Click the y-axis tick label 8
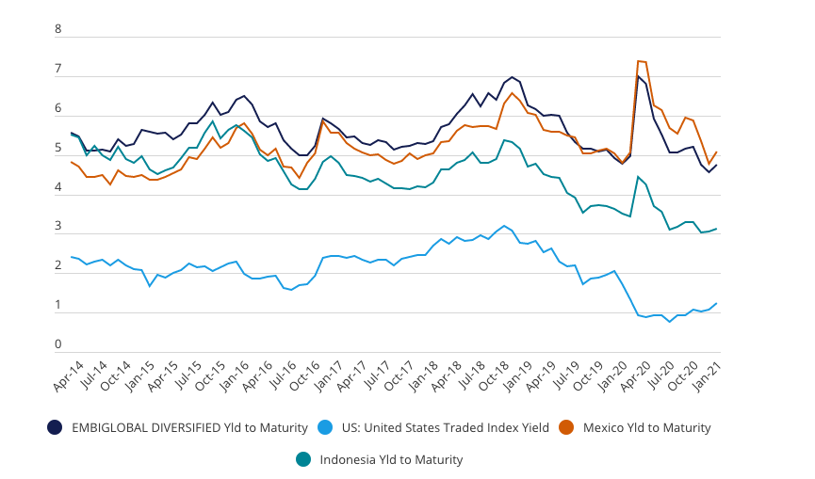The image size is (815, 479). click(58, 29)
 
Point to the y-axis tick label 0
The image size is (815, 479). click(58, 344)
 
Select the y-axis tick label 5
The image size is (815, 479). click(58, 148)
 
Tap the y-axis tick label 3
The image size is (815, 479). click(58, 227)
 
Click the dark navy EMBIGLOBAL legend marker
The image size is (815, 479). click(55, 427)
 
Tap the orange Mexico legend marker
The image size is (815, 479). click(569, 427)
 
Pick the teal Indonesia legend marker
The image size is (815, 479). click(304, 459)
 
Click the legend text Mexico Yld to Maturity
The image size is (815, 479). click(647, 427)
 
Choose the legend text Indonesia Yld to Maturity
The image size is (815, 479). click(391, 459)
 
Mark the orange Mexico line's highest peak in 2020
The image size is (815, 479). click(639, 61)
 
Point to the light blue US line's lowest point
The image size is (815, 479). click(670, 322)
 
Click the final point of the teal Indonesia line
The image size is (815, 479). click(717, 229)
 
